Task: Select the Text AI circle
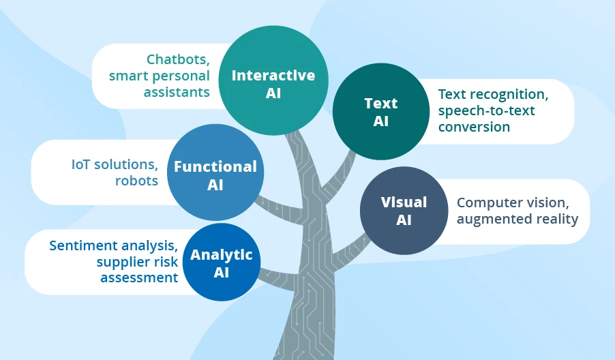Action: coord(380,111)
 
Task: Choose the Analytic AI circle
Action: coord(221,263)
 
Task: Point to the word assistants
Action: coord(177,92)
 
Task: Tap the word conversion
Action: coord(474,127)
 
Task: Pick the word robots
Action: coord(137,181)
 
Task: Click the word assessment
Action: coord(139,277)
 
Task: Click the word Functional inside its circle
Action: coord(215,167)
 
